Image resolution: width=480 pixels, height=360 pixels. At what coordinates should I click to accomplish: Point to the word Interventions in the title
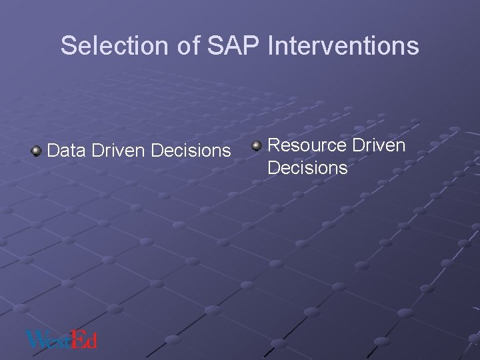[x=343, y=46]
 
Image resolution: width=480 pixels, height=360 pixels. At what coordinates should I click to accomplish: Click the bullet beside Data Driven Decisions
[x=36, y=151]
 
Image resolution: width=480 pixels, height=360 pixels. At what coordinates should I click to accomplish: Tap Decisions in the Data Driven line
[x=191, y=151]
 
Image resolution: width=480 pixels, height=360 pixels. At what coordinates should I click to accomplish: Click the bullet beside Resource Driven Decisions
[x=257, y=145]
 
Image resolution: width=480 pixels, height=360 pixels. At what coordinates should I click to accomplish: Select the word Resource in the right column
[x=307, y=145]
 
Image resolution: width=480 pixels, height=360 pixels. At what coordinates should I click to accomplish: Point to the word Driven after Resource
[x=379, y=145]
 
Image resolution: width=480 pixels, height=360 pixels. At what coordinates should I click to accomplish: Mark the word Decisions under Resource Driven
[x=307, y=168]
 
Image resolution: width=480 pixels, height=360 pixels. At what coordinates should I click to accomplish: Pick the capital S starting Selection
[x=68, y=46]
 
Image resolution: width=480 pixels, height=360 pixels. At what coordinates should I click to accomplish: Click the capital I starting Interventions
[x=271, y=46]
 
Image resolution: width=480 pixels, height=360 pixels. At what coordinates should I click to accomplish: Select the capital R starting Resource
[x=273, y=145]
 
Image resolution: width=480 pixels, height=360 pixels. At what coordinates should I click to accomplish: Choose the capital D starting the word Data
[x=54, y=151]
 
